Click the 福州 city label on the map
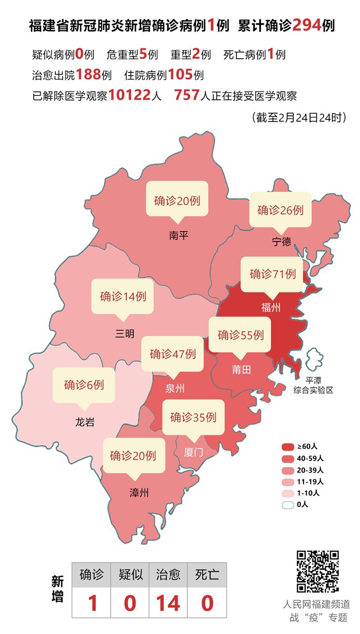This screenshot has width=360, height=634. point(271,308)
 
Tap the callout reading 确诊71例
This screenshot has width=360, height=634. point(272,274)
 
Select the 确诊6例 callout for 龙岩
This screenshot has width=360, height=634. point(84,385)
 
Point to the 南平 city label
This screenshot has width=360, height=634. point(179,236)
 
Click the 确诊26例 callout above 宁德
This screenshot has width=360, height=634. point(280,210)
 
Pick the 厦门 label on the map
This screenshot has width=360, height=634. point(193,452)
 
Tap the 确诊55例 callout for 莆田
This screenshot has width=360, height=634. point(240,335)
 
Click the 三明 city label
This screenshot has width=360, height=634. point(125,333)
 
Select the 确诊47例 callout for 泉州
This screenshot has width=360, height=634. point(172,354)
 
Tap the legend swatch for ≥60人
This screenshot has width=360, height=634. point(287,446)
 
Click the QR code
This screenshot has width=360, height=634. point(317,571)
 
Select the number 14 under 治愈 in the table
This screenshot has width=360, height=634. point(168,602)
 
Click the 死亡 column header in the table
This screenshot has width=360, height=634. point(207,574)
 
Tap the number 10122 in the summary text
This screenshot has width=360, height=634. point(130,95)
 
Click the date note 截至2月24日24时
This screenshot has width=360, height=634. point(299,117)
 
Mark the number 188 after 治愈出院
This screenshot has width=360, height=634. point(88,74)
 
